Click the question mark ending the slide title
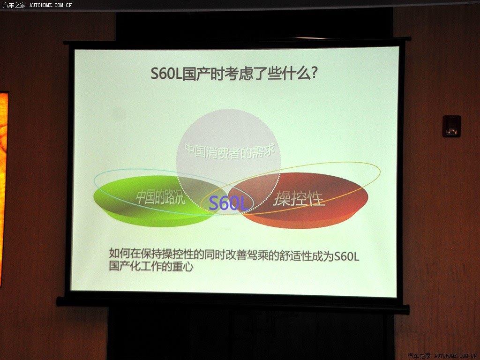pyautogui.click(x=314, y=74)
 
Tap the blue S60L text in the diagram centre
pyautogui.click(x=228, y=203)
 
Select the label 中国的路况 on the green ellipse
pyautogui.click(x=161, y=197)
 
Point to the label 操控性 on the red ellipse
pyautogui.click(x=299, y=198)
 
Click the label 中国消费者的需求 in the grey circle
pyautogui.click(x=230, y=151)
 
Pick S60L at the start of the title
pyautogui.click(x=166, y=74)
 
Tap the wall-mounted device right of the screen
pyautogui.click(x=451, y=126)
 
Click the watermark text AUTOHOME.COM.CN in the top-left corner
pyautogui.click(x=51, y=5)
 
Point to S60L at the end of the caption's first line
pyautogui.click(x=346, y=256)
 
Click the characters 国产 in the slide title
pyautogui.click(x=196, y=74)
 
